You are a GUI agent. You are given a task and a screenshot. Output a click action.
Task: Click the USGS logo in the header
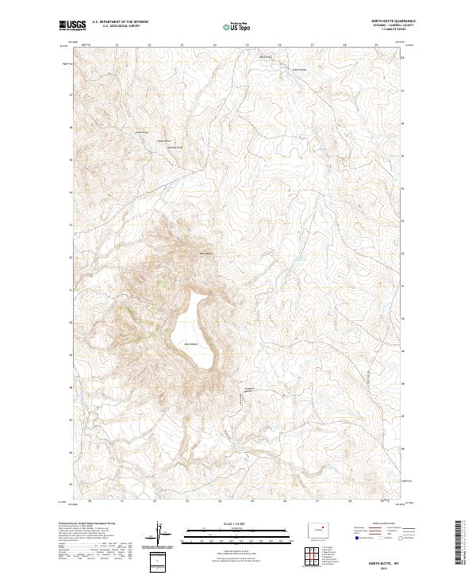[71, 26]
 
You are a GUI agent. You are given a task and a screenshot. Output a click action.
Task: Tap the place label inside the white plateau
[190, 343]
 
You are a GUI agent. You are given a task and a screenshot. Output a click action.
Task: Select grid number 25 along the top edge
[248, 44]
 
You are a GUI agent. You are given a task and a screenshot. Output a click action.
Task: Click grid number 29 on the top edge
[376, 44]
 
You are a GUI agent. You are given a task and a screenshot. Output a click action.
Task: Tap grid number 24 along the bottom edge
[219, 501]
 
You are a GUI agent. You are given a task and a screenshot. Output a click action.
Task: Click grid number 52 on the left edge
[71, 258]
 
